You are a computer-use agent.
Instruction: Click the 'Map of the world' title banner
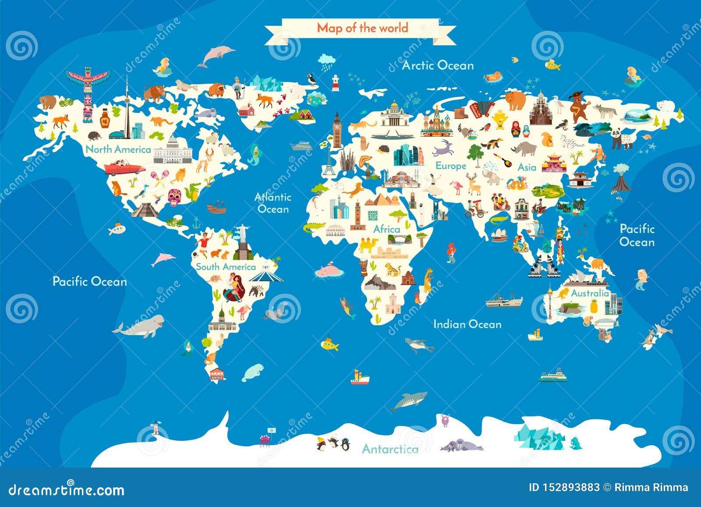(362, 28)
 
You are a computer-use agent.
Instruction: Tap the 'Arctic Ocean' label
(438, 66)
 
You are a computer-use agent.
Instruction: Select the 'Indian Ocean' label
(467, 324)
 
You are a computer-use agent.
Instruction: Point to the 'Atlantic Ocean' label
(273, 203)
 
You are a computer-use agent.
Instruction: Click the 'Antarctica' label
(390, 449)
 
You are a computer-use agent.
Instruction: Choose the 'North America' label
(118, 149)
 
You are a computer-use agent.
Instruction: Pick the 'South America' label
(226, 267)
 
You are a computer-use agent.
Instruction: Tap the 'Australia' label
(590, 293)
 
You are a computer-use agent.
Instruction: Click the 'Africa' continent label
(386, 229)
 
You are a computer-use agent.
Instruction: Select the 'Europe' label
(450, 166)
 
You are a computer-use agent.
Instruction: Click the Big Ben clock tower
(336, 130)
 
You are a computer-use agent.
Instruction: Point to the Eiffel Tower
(329, 160)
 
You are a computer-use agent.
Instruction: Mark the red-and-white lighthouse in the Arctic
(336, 82)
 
